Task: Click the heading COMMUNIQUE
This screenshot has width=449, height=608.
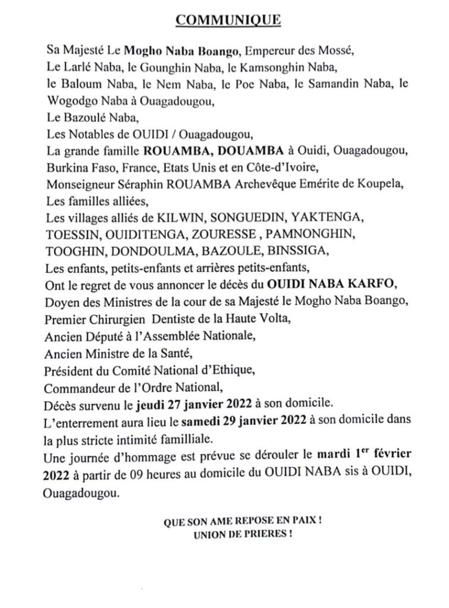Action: pos(224,21)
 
